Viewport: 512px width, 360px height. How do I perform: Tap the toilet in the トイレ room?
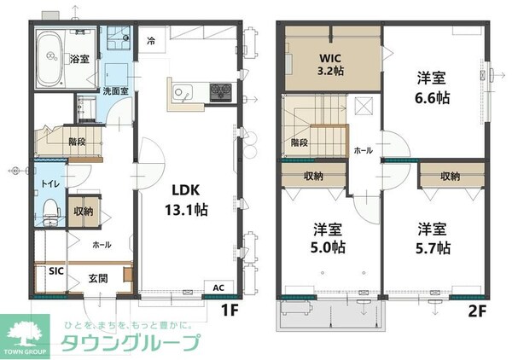tap(50, 207)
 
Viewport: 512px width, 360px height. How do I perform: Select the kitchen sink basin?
tap(180, 91)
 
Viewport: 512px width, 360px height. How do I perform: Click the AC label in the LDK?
tap(218, 287)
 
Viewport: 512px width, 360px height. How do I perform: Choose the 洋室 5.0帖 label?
tap(329, 238)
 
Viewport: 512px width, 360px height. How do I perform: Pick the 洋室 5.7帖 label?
tap(433, 238)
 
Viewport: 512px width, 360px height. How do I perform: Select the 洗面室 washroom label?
tap(116, 90)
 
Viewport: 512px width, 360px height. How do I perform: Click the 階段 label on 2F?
tap(299, 142)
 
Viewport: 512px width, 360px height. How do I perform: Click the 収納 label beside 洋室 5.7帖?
tap(451, 176)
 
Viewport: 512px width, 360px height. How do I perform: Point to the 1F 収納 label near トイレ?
tap(83, 211)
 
